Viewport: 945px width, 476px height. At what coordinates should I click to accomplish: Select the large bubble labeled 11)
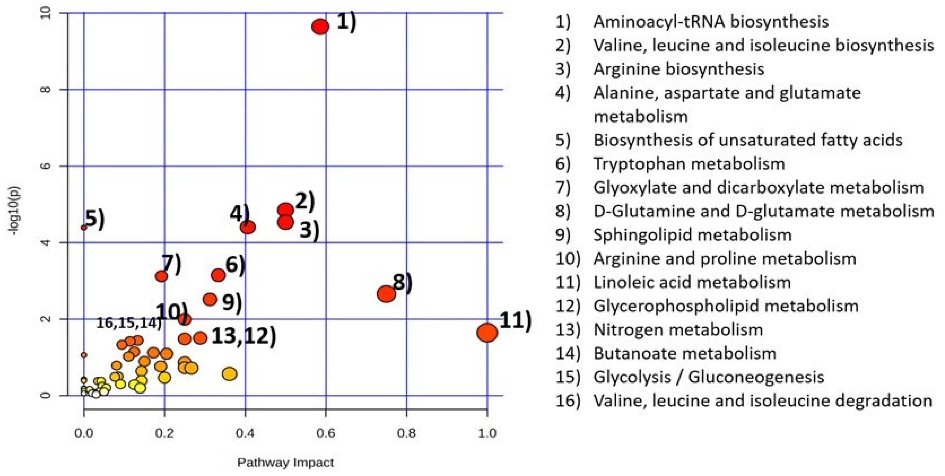pos(487,333)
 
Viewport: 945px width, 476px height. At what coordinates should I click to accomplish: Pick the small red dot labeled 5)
pos(84,228)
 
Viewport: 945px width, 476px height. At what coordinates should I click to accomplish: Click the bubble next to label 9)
pos(210,299)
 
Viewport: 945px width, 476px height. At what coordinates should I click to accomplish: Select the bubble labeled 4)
pos(248,227)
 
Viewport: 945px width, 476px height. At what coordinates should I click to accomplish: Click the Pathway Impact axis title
pos(285,463)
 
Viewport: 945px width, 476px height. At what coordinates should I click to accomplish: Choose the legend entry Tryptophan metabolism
pos(689,164)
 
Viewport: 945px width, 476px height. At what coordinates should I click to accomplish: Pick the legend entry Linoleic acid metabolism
pos(692,282)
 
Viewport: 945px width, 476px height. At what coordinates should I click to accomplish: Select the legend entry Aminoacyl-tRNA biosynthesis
pos(711,22)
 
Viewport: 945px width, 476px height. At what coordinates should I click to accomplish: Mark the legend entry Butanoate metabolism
pos(684,353)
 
